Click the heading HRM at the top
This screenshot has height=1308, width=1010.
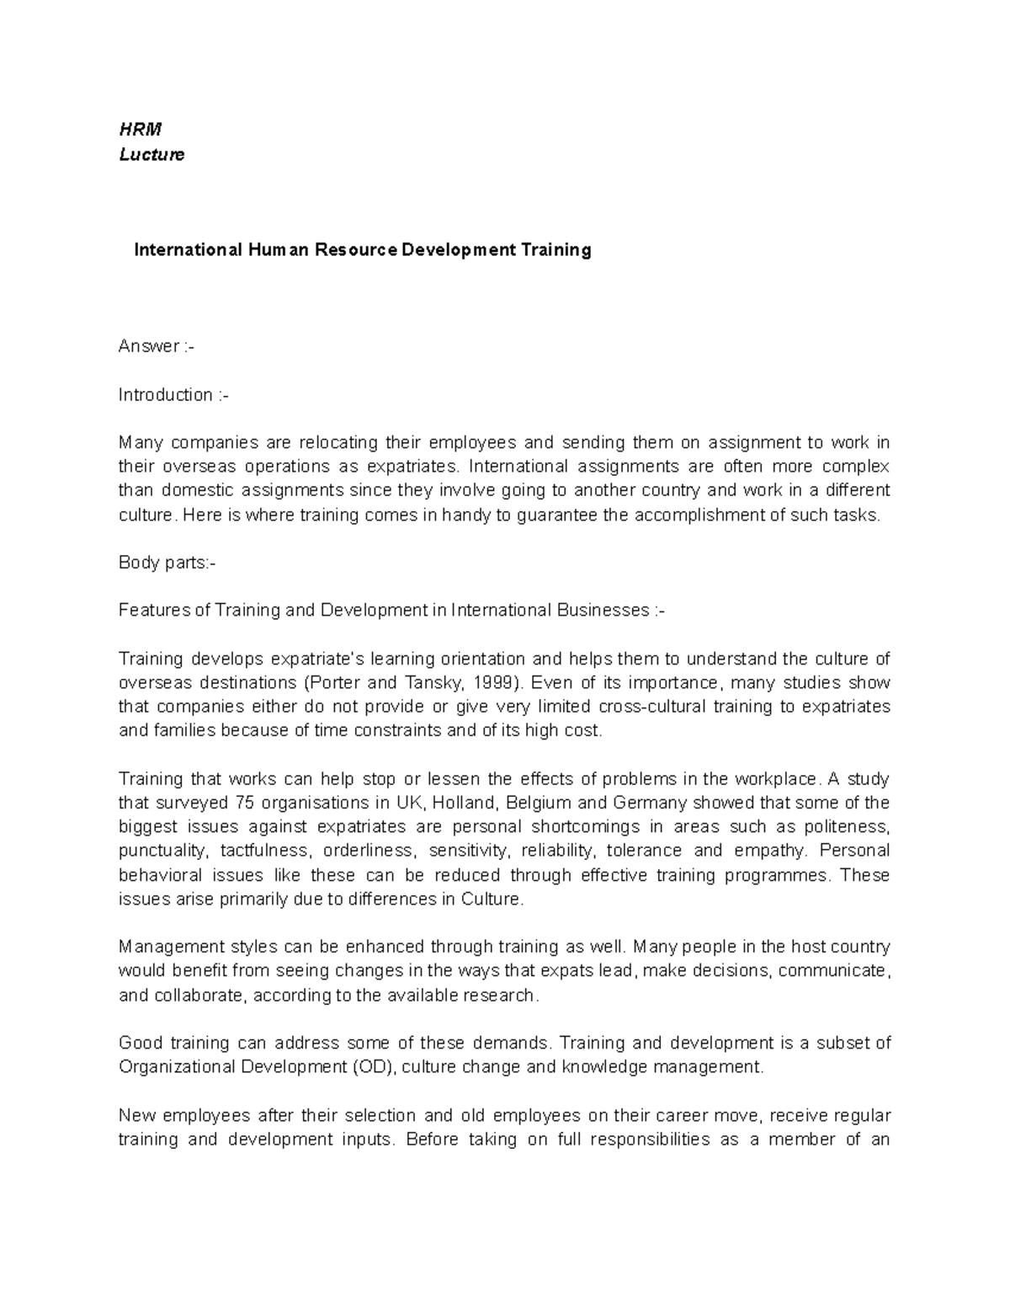coord(140,129)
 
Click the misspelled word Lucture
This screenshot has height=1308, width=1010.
coord(151,155)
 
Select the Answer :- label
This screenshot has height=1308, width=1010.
coord(157,346)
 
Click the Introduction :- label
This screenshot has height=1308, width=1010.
coord(173,395)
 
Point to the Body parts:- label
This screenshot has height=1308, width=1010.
coord(167,563)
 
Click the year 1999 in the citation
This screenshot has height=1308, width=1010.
coord(489,682)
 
